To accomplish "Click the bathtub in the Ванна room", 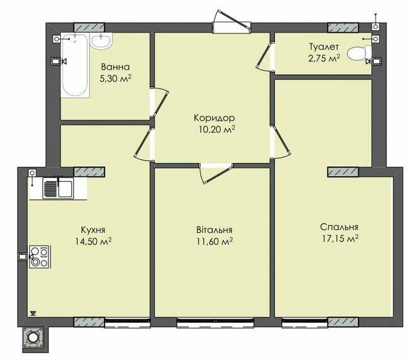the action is (76, 65).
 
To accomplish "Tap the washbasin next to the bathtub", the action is (101, 41).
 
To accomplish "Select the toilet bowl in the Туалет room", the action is (359, 54).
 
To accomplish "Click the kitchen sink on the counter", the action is (59, 188).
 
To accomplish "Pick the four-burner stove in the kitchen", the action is (40, 257).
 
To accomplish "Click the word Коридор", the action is (214, 118).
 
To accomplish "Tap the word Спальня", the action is (339, 227).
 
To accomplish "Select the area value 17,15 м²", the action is (340, 239).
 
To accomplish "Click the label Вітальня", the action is (215, 230).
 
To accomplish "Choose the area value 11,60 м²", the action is (215, 241).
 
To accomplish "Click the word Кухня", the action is (93, 230).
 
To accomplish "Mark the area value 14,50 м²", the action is (93, 241).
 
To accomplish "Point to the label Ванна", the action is (115, 67).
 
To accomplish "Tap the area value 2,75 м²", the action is (324, 58).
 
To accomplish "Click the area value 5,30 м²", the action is (115, 78).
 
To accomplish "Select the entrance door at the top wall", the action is (232, 25).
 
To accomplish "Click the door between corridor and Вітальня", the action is (216, 172).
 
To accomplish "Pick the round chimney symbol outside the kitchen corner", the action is (33, 338).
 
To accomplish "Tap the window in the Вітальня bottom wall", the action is (215, 322).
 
